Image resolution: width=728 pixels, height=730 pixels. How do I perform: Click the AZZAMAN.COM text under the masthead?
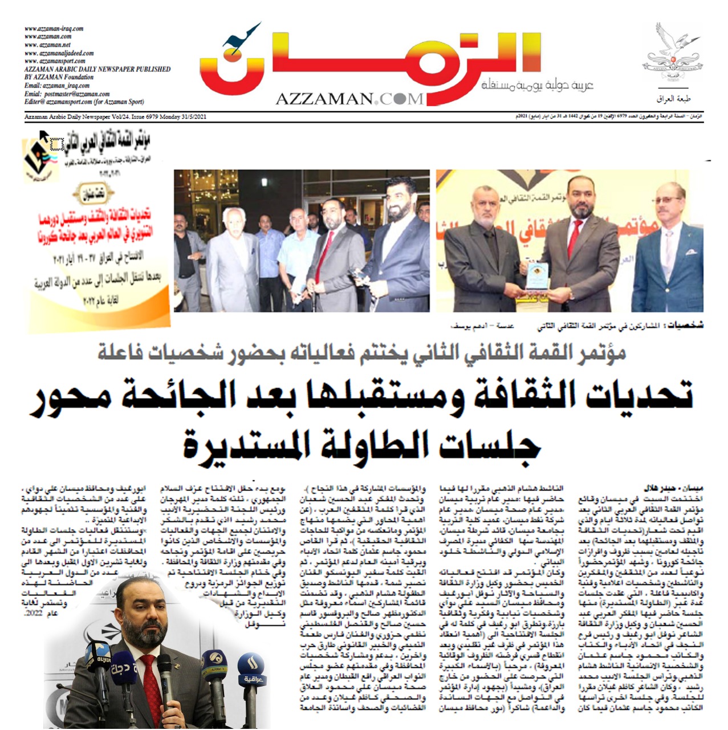[349, 99]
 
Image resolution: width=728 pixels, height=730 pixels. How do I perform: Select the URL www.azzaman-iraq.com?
[54, 29]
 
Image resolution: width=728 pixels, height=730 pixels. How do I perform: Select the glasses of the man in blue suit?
[668, 200]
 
